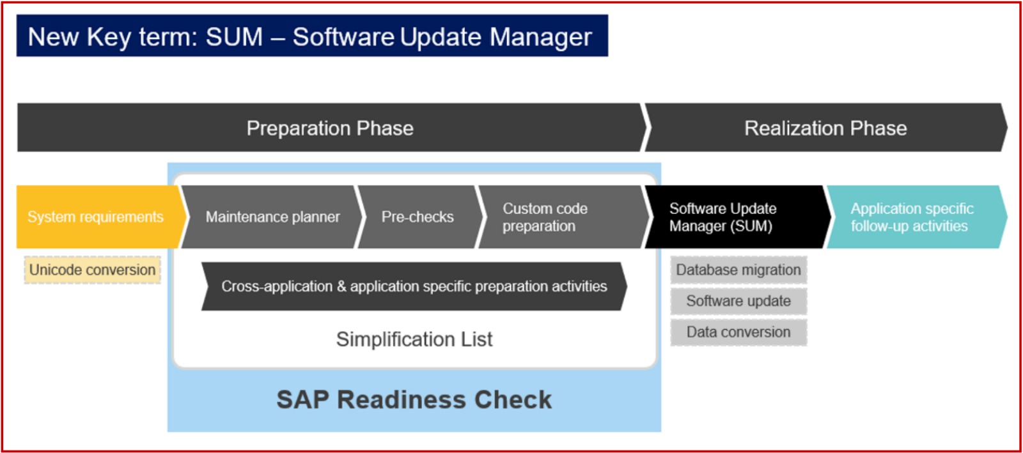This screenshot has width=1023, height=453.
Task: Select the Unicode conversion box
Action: pyautogui.click(x=92, y=270)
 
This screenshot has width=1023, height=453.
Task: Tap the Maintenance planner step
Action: pyautogui.click(x=272, y=217)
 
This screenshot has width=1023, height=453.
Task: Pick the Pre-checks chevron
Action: pyautogui.click(x=419, y=217)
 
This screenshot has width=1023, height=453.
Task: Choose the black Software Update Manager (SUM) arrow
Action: pyautogui.click(x=737, y=217)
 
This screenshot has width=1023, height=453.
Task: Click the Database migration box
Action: pyautogui.click(x=738, y=270)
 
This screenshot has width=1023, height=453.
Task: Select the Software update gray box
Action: pyautogui.click(x=738, y=301)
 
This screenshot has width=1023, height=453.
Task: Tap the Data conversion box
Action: pyautogui.click(x=738, y=332)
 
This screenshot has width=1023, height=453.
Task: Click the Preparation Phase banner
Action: pyautogui.click(x=332, y=127)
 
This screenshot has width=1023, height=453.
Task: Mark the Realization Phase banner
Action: pyautogui.click(x=825, y=127)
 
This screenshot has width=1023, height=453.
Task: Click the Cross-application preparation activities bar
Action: pyautogui.click(x=414, y=286)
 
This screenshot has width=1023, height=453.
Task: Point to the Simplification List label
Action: pyautogui.click(x=414, y=339)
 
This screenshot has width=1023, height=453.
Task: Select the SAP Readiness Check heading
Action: pyautogui.click(x=414, y=399)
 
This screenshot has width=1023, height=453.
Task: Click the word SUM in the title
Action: pyautogui.click(x=234, y=36)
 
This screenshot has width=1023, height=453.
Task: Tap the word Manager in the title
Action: pyautogui.click(x=541, y=36)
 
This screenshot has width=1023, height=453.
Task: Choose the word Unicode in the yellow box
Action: pyautogui.click(x=57, y=270)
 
